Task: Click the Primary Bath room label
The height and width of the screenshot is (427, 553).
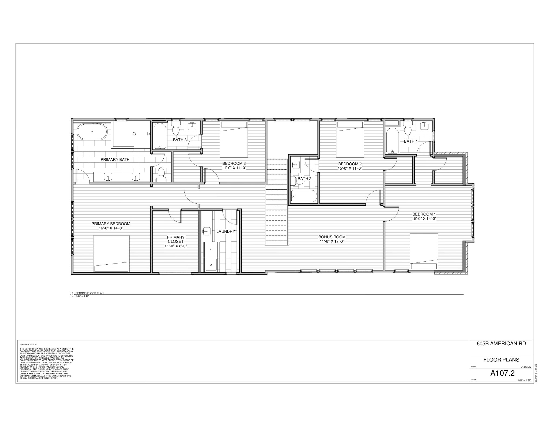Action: [115, 159]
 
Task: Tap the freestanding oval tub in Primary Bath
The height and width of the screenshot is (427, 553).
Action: [92, 132]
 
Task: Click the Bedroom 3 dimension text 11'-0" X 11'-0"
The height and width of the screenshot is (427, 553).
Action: [234, 168]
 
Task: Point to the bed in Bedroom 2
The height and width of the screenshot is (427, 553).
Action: [350, 139]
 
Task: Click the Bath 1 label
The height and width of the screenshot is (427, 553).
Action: [410, 141]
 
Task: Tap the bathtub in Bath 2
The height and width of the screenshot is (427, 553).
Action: [304, 196]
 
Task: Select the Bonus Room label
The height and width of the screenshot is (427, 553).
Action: [332, 237]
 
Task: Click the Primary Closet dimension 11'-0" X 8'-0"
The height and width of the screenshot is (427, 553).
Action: [176, 246]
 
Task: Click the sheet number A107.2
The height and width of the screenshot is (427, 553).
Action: [502, 373]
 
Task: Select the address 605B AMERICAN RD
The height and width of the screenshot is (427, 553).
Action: [501, 344]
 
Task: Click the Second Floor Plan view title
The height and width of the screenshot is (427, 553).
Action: [89, 293]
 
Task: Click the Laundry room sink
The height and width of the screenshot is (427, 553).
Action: [206, 231]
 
